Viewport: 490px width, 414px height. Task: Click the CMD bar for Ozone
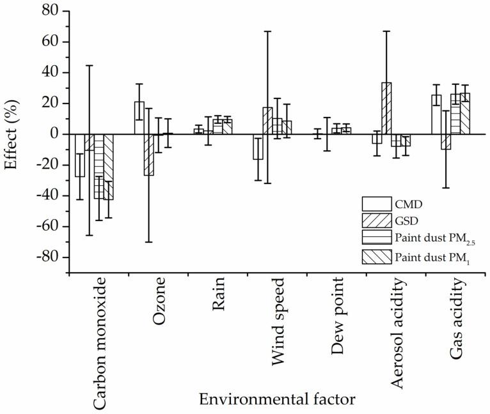tap(139, 118)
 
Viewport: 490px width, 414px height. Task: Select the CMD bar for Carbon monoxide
tap(80, 155)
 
